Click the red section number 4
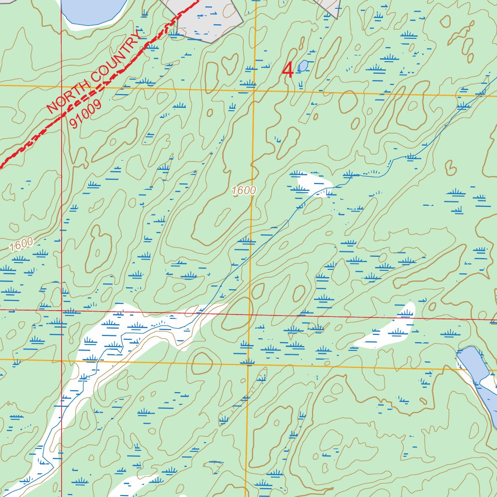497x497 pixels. click(288, 70)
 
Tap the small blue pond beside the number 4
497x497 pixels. click(302, 66)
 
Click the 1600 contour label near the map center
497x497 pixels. click(244, 191)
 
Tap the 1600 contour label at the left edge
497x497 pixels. click(21, 245)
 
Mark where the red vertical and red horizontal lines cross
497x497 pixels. click(62, 309)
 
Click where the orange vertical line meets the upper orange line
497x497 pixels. click(255, 90)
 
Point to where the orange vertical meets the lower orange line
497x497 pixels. click(248, 363)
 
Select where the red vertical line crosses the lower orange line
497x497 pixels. click(62, 360)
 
